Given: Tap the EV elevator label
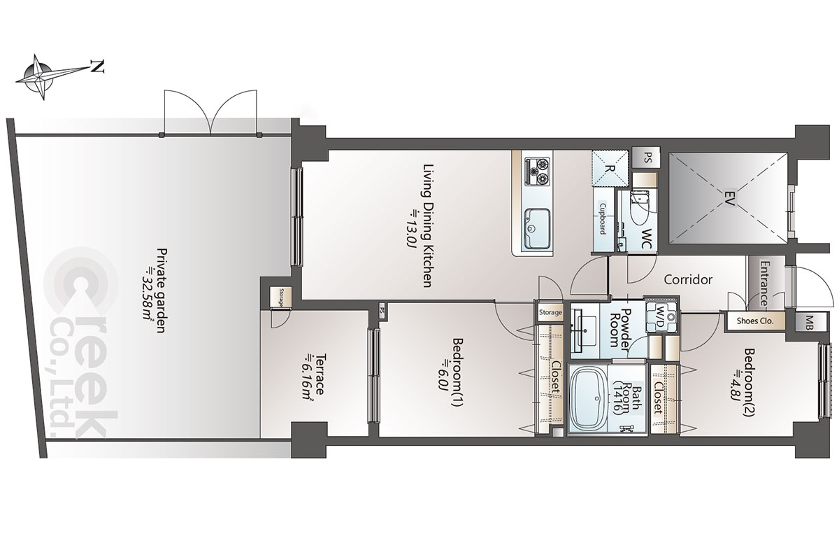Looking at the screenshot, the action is pos(729,198).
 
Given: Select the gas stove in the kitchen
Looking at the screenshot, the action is pos(538,171).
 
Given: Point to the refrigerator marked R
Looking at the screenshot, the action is pos(610,168).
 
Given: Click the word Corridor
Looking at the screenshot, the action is pos(688,279).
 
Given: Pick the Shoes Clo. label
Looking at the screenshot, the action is pos(754,321).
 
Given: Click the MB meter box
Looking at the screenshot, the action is pos(810,321).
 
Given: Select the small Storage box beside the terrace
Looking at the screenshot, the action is pos(281,297).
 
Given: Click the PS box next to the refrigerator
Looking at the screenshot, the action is pos(645,157).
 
